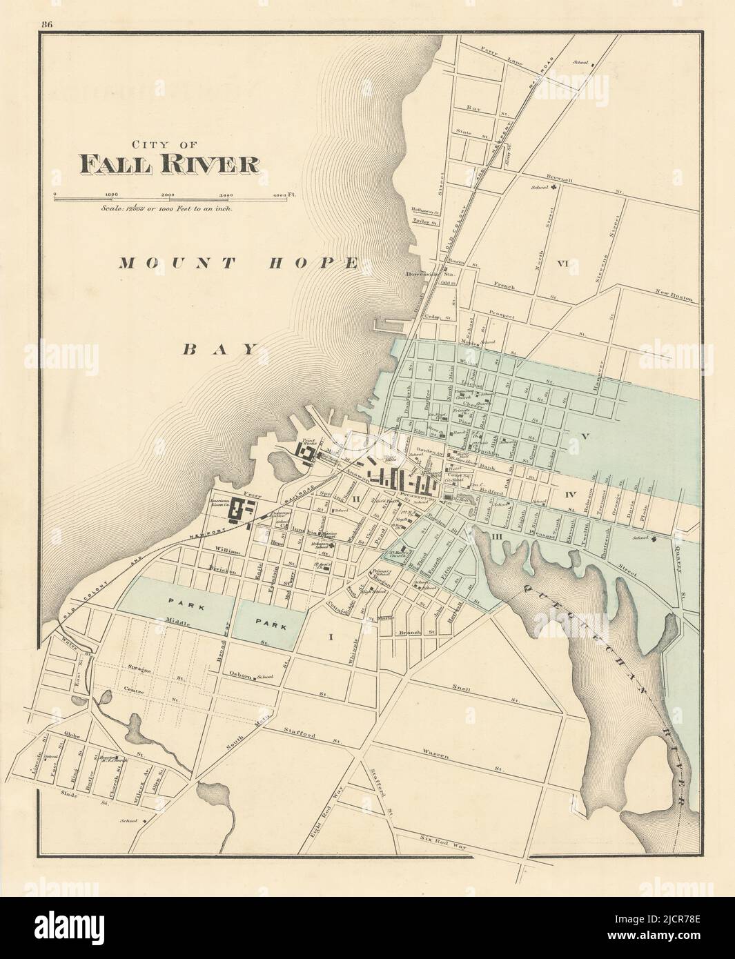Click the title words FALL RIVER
pos(170,164)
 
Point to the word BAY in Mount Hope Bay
pos(220,349)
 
